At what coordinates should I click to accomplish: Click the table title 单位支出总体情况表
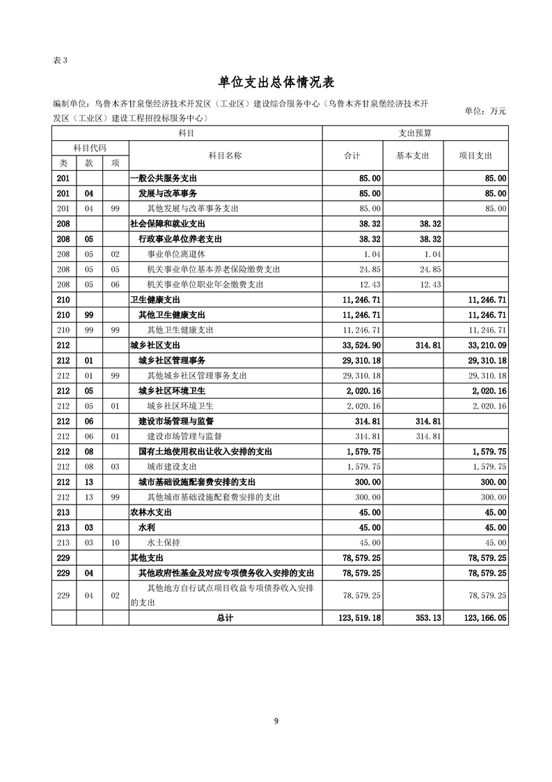pos(276,83)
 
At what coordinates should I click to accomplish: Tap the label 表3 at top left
pos(59,60)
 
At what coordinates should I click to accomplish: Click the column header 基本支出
pos(413,155)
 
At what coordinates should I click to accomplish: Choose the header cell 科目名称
pos(225,155)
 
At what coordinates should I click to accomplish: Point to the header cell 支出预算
pos(415,132)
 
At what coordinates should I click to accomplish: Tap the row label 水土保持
pos(164,542)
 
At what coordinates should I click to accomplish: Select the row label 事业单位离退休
pos(177,254)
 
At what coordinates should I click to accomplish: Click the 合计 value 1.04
pos(370,254)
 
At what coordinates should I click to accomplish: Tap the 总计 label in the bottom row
pos(225,618)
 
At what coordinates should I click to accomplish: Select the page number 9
pos(276,721)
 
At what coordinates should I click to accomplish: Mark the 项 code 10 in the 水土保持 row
pos(116,542)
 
